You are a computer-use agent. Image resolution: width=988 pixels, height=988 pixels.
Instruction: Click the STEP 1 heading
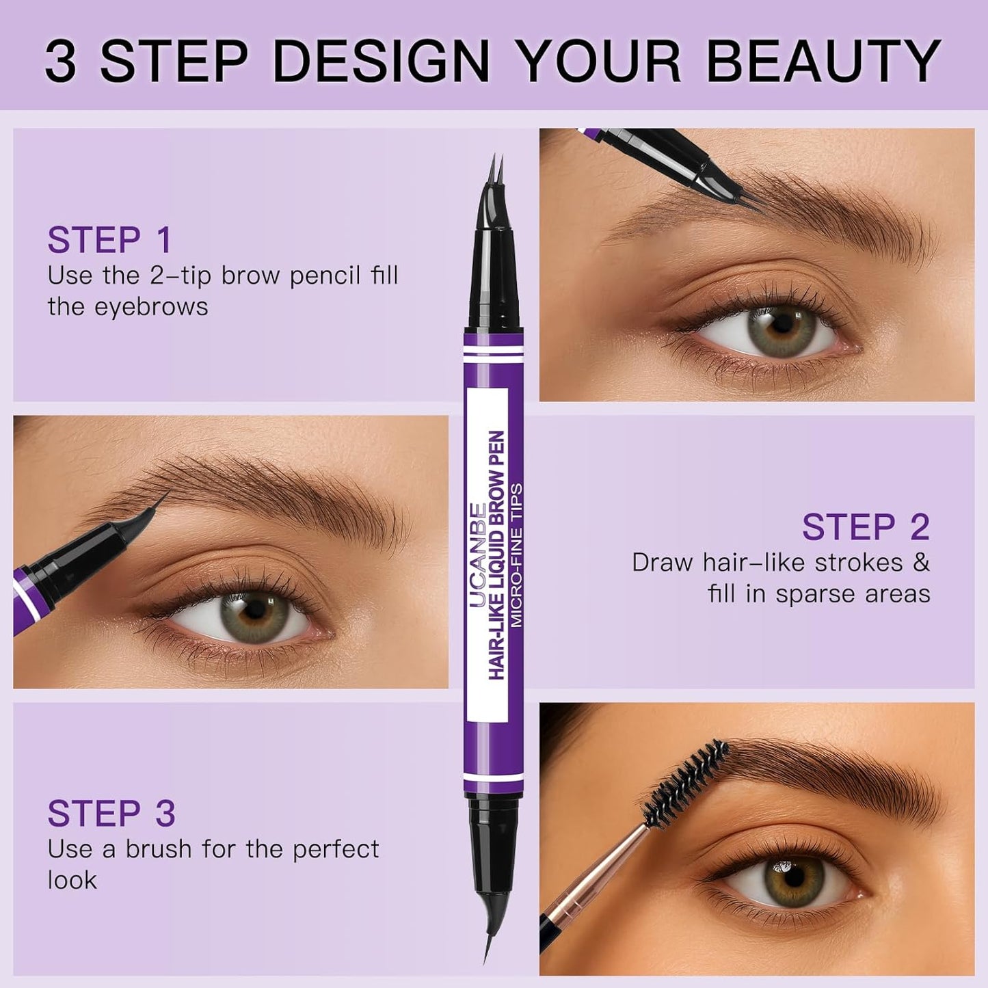109,240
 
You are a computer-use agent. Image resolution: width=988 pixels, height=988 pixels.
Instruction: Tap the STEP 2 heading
866,527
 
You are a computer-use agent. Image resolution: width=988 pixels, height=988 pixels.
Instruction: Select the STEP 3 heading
111,814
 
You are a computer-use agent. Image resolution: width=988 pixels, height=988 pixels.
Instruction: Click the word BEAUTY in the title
823,61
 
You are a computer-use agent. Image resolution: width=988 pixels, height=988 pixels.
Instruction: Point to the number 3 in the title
60,61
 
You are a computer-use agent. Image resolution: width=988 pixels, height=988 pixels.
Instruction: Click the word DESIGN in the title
381,61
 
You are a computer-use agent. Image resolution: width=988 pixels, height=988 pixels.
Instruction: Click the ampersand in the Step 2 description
921,563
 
